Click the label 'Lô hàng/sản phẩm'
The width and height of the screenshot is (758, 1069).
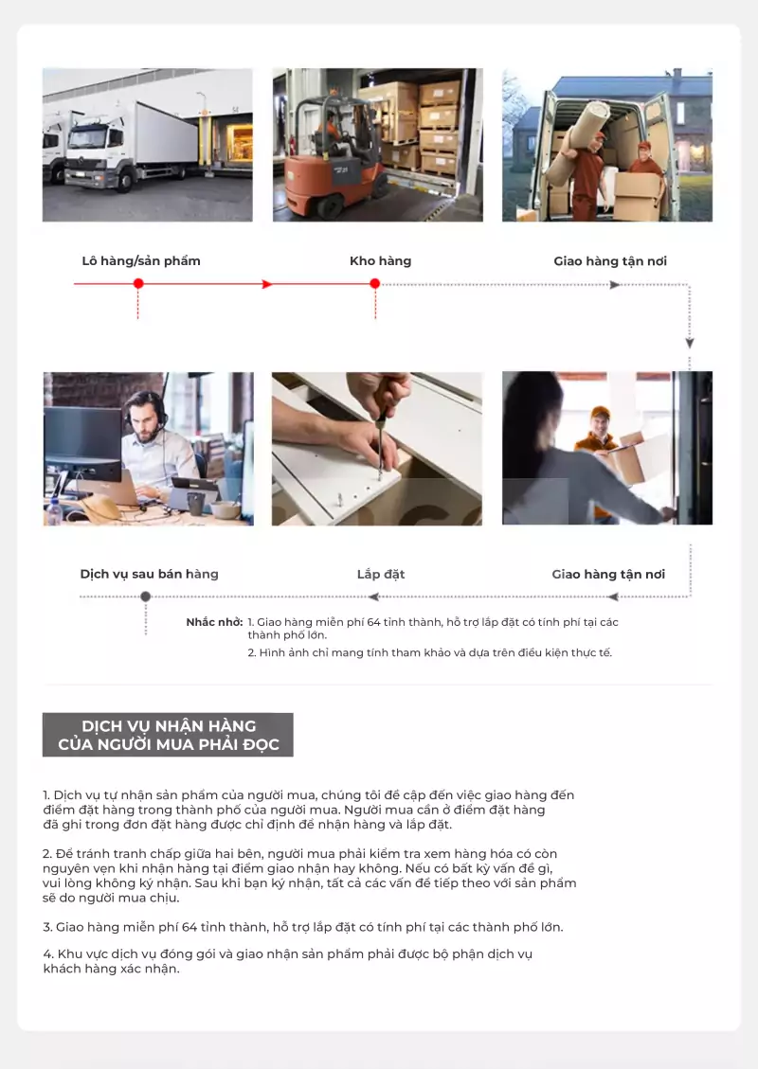coord(141,261)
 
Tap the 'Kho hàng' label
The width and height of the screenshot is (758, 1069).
coord(381,261)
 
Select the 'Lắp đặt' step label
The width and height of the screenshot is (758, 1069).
coord(381,574)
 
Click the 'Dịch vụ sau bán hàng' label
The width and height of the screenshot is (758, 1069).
coord(150,574)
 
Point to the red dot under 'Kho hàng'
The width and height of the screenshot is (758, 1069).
coord(374,284)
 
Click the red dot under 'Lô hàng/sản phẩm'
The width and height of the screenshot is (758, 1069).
coord(138,284)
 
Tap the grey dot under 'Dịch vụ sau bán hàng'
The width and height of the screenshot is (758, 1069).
coord(145,597)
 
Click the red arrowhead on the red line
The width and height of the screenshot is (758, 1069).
coord(267,284)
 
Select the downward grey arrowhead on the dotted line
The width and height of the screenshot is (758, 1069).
coord(690,343)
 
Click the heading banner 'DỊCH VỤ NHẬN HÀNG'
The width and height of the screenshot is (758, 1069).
coord(168,735)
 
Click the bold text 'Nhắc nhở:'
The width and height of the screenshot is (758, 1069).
coord(214,622)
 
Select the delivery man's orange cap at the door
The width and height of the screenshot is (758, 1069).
coord(601,413)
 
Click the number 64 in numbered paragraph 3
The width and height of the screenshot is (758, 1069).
coord(189,927)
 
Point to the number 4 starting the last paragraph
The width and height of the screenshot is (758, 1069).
coord(47,953)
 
